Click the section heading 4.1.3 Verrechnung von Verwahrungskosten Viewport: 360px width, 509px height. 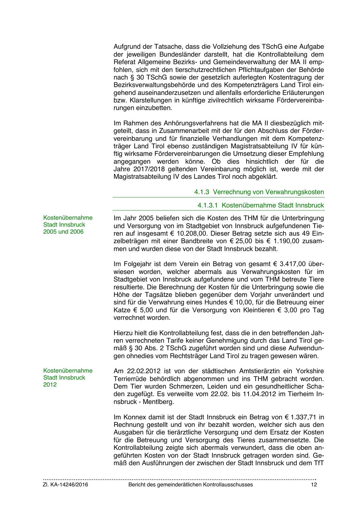click(259, 192)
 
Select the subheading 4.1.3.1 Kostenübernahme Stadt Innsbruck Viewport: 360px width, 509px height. click(260, 205)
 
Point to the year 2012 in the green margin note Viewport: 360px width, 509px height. click(50, 385)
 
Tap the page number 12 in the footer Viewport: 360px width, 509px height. click(314, 485)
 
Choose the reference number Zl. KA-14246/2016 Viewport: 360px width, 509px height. click(66, 485)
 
